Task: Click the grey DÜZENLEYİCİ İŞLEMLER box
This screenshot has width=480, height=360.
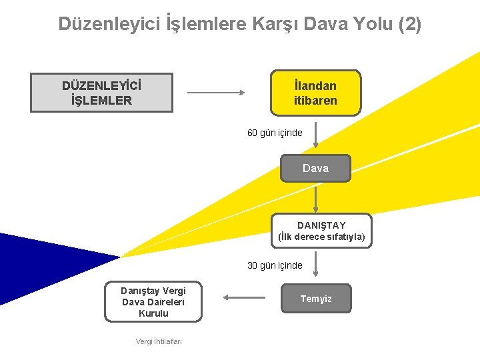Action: [x=101, y=93]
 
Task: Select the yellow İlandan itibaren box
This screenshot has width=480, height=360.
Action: [x=315, y=93]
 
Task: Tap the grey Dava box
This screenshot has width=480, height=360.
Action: [x=315, y=168]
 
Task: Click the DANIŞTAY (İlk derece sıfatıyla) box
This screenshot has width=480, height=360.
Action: [x=321, y=231]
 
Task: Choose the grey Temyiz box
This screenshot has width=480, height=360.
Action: [x=315, y=299]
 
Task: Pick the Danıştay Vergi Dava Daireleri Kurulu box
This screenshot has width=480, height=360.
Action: [x=153, y=301]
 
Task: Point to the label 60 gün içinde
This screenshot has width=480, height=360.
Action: [x=275, y=133]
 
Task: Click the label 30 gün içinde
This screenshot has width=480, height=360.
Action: [x=275, y=265]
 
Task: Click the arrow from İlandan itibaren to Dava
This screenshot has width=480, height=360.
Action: [x=315, y=134]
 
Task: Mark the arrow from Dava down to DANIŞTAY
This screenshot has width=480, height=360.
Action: [x=315, y=198]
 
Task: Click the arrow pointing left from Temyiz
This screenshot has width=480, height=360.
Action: [x=240, y=298]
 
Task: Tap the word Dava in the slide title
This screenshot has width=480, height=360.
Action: [x=327, y=24]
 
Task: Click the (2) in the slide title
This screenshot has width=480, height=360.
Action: [x=409, y=24]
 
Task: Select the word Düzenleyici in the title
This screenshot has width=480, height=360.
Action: [x=109, y=24]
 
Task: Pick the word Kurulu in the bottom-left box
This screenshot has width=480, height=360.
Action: [x=153, y=313]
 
